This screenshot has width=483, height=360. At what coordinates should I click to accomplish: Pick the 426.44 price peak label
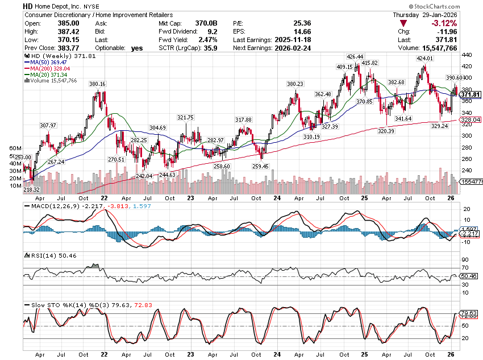pos(356,57)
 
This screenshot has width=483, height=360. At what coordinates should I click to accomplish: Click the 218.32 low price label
pos(31,189)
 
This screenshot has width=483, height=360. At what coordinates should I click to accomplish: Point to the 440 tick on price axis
pos(467,55)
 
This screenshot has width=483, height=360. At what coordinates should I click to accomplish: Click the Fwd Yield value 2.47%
pos(208,40)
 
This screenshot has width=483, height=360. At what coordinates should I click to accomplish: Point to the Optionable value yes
pos(137,48)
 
